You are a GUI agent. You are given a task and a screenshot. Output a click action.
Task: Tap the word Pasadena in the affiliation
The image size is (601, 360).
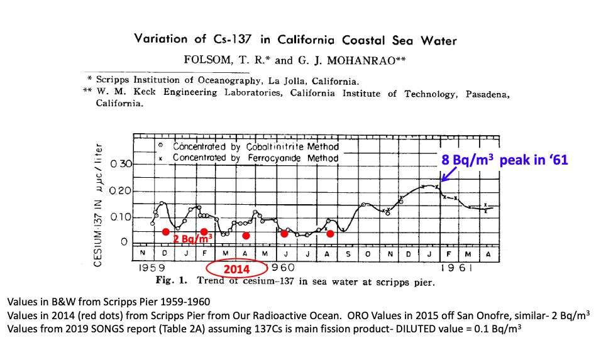click(484, 94)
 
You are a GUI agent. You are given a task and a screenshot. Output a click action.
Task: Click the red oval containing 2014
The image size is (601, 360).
click(237, 270)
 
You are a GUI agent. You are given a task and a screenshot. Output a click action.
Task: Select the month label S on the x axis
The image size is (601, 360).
click(349, 253)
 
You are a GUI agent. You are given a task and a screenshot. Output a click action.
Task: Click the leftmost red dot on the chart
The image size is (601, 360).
click(165, 231)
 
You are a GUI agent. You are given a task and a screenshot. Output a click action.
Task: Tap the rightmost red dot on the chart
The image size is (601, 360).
click(330, 234)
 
